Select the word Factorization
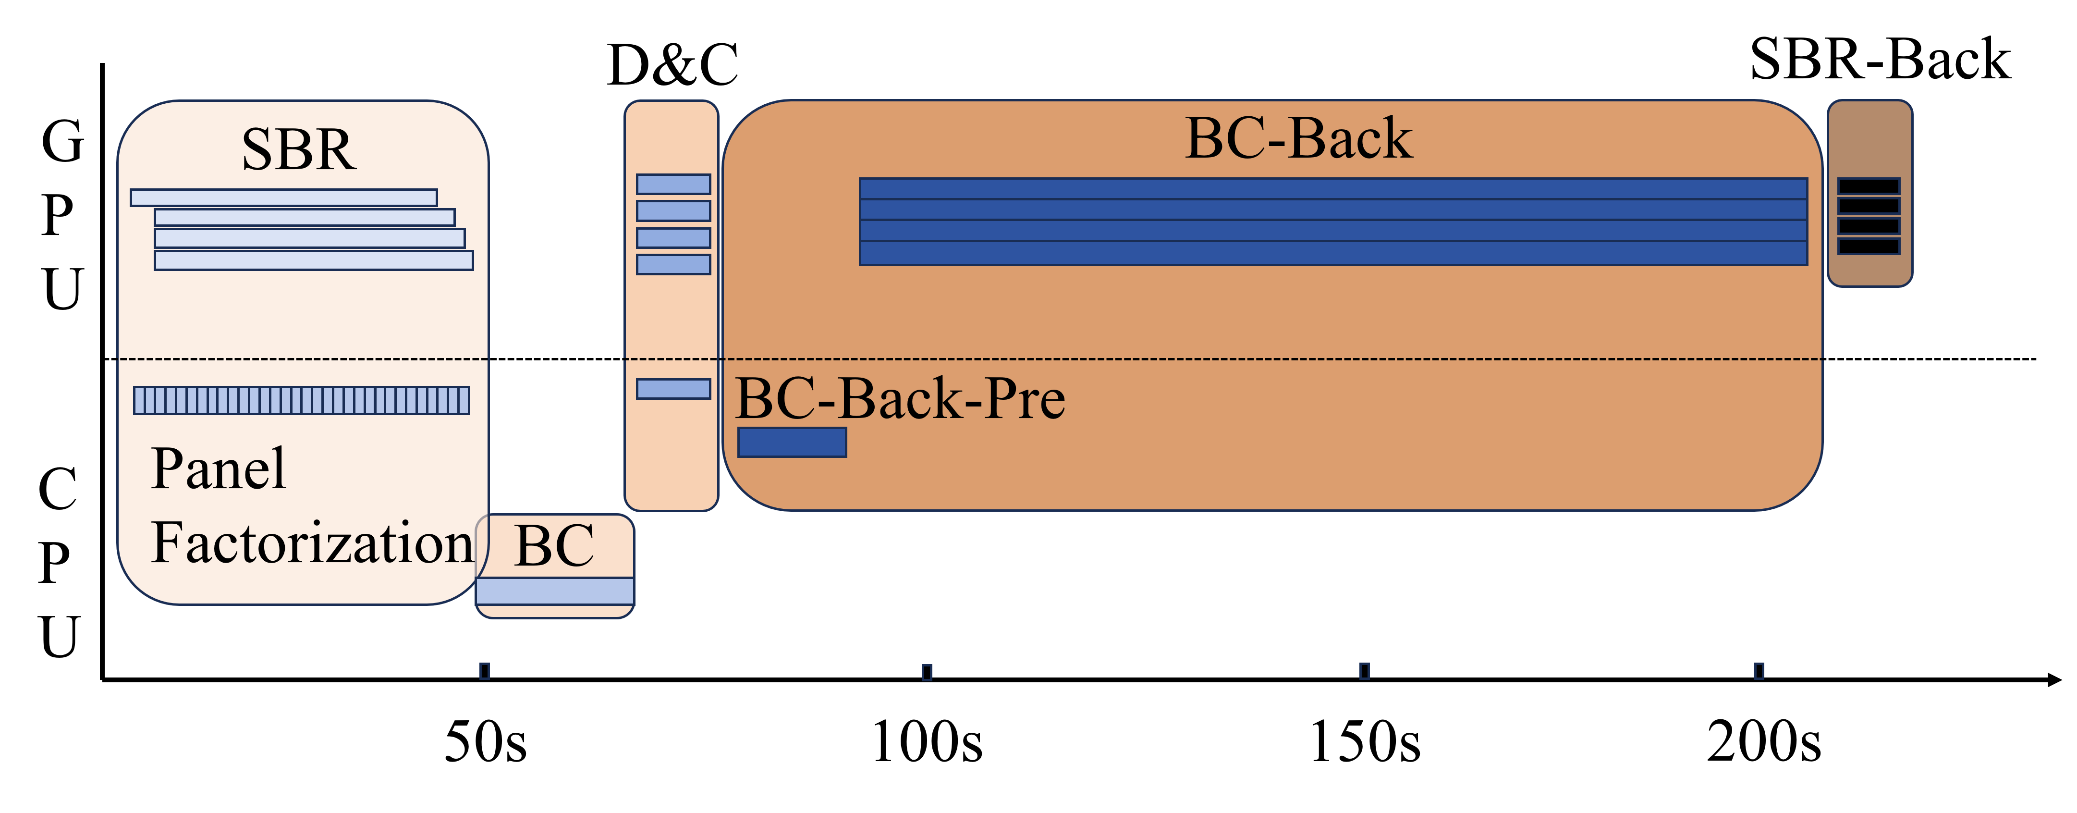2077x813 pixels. (x=312, y=543)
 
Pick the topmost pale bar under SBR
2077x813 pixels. (x=284, y=197)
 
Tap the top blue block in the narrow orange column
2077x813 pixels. (x=673, y=184)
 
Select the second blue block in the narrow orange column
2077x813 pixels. (x=673, y=210)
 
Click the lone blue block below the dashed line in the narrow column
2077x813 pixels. (x=673, y=389)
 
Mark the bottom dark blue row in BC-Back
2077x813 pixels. (x=1333, y=253)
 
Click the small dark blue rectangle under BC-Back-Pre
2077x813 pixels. (x=792, y=442)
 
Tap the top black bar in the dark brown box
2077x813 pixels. (x=1868, y=186)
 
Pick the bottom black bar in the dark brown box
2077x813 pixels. (x=1868, y=246)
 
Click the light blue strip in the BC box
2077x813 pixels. (x=555, y=591)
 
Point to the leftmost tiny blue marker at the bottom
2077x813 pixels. (x=485, y=671)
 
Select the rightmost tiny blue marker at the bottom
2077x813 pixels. (x=1759, y=671)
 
